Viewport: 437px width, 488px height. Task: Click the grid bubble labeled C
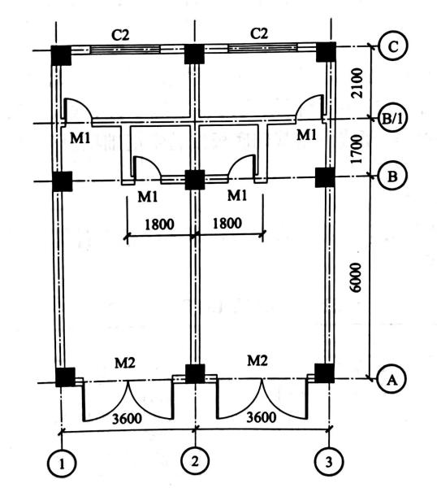coord(392,47)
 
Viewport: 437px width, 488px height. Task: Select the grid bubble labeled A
coord(392,379)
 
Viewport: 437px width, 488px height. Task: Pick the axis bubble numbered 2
coord(196,461)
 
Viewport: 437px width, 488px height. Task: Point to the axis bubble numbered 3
coord(329,462)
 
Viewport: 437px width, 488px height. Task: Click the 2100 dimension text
coord(357,83)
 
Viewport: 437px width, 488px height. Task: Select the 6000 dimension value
coord(355,277)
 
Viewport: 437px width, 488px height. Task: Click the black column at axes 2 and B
coord(195,180)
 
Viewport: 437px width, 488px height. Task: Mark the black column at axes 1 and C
coord(61,55)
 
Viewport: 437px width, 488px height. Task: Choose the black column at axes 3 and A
coord(324,373)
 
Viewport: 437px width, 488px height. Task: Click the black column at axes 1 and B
coord(63,181)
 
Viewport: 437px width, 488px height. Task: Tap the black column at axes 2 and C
coord(194,54)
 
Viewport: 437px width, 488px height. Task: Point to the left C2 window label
coord(120,36)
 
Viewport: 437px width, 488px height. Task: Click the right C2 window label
coord(259,33)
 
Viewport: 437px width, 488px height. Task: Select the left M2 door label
coord(125,363)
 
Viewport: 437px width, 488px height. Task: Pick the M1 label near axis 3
coord(306,135)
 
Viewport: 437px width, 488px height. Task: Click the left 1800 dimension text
coord(159,224)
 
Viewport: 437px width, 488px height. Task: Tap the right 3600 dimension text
coord(262,417)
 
